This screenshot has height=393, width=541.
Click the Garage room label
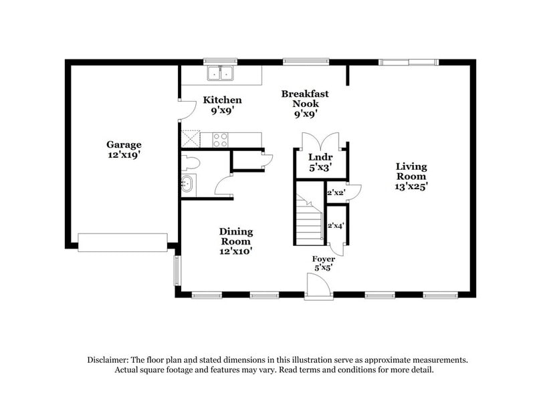[x=124, y=144]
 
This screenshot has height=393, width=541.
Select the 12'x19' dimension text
[x=124, y=154]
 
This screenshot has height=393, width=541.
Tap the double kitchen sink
[x=220, y=73]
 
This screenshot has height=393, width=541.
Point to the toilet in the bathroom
[x=190, y=161]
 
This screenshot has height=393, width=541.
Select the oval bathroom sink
[x=187, y=183]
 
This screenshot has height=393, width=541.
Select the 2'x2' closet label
[x=334, y=193]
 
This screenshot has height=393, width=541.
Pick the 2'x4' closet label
[x=334, y=226]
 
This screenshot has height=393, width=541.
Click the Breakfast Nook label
[x=304, y=99]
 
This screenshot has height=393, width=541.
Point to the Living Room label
[x=411, y=172]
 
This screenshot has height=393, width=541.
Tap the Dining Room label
[x=236, y=237]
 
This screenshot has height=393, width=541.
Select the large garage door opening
[x=122, y=243]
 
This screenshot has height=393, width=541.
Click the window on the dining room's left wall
[x=177, y=269]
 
